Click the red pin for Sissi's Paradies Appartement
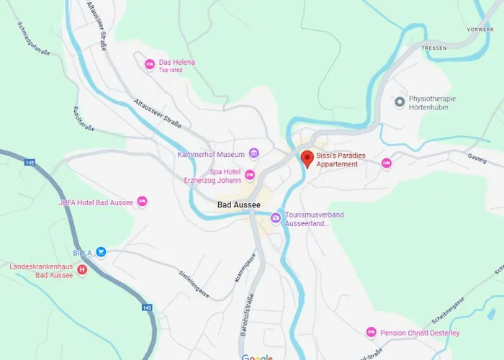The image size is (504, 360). pos(306,158)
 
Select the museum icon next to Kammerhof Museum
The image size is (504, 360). pos(253,153)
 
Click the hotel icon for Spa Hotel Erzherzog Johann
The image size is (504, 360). pos(250,175)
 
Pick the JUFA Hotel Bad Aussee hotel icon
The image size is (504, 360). pos(142,202)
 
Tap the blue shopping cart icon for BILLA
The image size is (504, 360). pos(102,252)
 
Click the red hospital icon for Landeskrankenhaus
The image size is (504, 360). pos(81,271)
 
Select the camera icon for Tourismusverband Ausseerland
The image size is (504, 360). pos(276,218)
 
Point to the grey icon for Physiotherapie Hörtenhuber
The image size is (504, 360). pos(400,102)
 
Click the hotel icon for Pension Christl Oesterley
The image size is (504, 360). pos(371,333)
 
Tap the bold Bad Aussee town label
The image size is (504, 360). pos(238,205)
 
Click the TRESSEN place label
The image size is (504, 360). pos(435,48)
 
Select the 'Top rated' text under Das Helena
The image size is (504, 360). pos(171,70)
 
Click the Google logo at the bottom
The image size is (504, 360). pos(257,357)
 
